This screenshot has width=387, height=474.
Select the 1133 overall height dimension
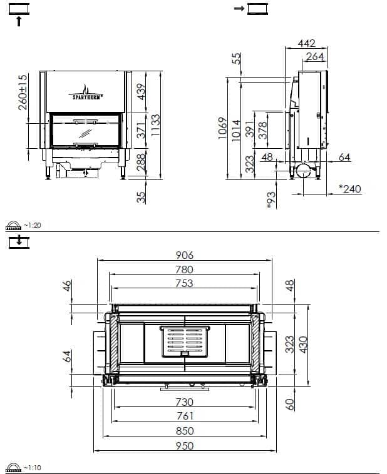[155, 125]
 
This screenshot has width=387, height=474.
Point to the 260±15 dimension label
[23, 92]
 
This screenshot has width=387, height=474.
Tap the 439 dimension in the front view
[141, 91]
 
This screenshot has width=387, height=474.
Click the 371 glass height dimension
[141, 130]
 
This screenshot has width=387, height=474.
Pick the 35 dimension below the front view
[141, 198]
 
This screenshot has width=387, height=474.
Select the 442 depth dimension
[306, 44]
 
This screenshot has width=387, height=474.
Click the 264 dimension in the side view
[314, 56]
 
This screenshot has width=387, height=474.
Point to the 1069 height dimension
[222, 128]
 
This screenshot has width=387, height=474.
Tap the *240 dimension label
[350, 189]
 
